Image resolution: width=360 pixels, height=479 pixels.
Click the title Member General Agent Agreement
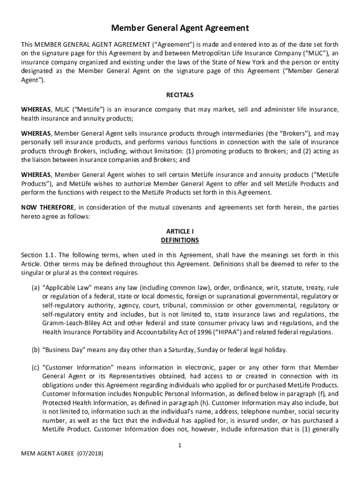click(x=180, y=28)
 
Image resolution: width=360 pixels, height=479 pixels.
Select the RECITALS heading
click(x=180, y=95)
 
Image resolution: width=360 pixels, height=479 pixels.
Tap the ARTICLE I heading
click(x=180, y=232)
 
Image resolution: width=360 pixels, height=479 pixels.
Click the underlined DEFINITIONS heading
click(x=180, y=240)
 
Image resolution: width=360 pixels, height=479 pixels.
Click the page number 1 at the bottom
click(x=180, y=445)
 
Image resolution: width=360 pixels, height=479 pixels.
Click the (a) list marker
click(x=35, y=287)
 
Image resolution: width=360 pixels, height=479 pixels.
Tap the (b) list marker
click(x=35, y=350)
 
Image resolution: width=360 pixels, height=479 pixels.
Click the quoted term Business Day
click(x=62, y=350)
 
